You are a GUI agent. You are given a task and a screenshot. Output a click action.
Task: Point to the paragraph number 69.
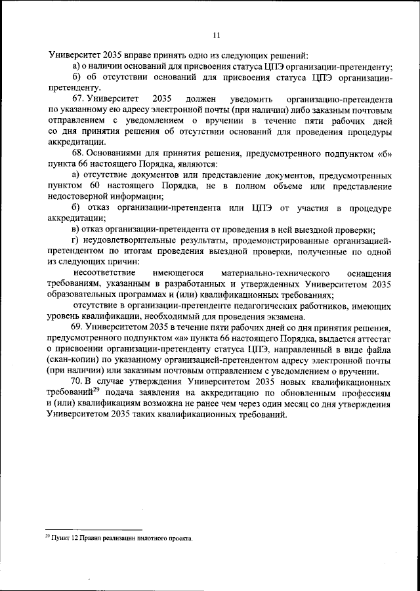tap(78, 327)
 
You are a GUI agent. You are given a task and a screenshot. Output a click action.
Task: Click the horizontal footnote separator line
tap(93, 529)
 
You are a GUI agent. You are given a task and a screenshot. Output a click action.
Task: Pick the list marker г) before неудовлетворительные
tap(76, 241)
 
